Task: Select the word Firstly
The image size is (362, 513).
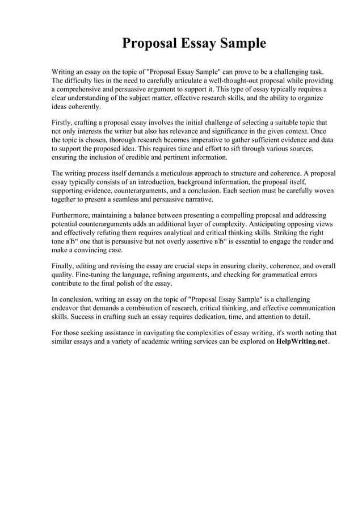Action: pos(63,123)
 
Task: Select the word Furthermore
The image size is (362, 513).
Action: pos(73,216)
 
